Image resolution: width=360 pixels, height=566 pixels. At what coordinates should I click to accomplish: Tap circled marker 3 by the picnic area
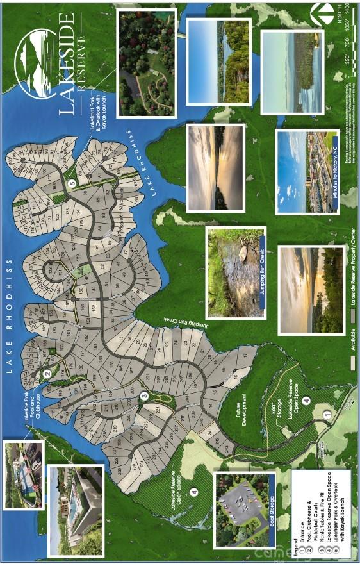145,395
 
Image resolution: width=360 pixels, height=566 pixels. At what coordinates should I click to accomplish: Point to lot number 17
244,355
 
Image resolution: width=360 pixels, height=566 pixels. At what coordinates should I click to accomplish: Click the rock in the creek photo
243,253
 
